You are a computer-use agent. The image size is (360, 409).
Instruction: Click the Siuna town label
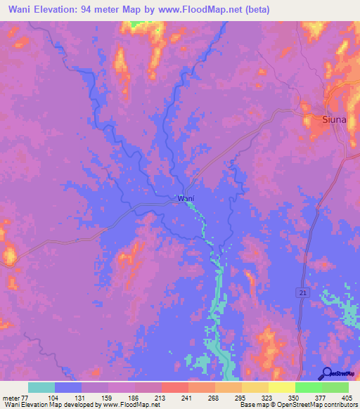[334, 119]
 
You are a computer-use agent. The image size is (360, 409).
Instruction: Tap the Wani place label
[186, 199]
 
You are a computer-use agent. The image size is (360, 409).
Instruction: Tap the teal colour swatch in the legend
[41, 387]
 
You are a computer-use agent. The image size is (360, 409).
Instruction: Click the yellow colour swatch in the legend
[281, 387]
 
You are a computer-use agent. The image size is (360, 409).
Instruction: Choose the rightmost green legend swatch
[335, 387]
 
